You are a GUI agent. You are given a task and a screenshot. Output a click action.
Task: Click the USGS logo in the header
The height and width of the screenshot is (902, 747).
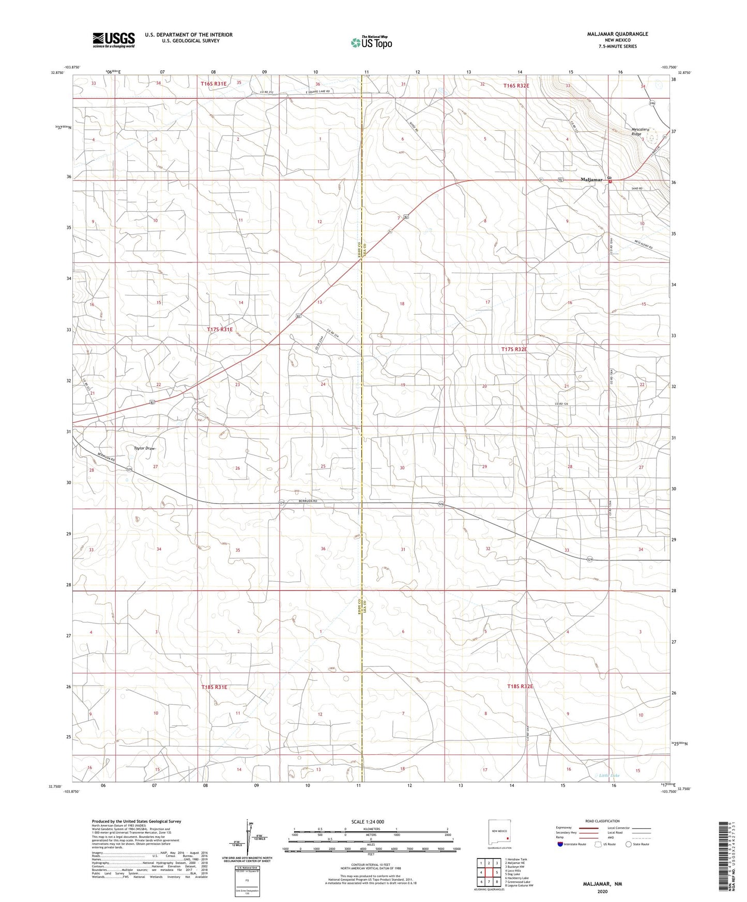point(114,40)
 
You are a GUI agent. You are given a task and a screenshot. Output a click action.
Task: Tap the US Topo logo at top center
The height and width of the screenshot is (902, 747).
point(371,42)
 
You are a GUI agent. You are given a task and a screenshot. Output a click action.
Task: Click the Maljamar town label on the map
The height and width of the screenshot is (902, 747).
point(591,180)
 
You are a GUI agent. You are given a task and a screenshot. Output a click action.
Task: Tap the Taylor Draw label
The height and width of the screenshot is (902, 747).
point(144,448)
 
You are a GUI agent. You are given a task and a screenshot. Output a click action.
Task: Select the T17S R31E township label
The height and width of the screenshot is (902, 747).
point(220,329)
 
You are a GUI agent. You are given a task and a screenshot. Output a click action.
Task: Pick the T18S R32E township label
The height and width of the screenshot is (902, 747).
point(520,687)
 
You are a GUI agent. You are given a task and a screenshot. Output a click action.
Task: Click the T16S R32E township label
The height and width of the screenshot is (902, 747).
point(516,86)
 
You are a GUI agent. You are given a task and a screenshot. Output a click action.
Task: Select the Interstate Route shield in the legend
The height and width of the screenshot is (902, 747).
point(561,844)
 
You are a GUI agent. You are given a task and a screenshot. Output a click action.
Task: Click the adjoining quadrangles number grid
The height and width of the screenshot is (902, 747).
point(489,873)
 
